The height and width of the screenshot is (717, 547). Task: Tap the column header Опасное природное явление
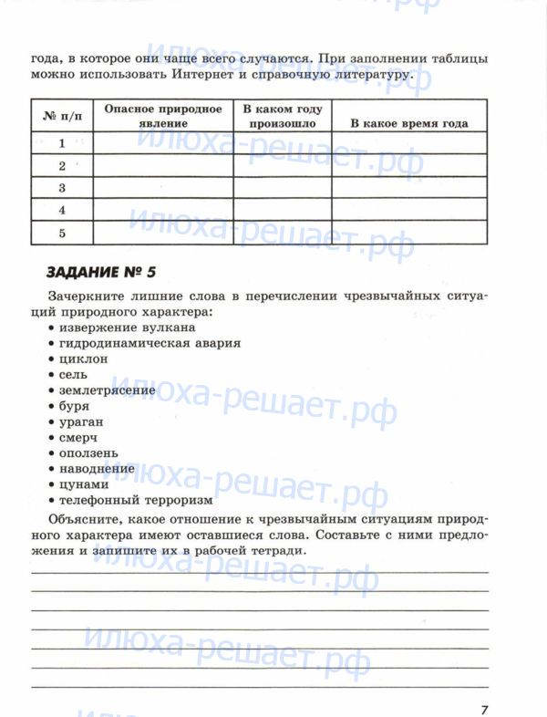pyautogui.click(x=163, y=116)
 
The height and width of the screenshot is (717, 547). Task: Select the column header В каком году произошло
pyautogui.click(x=282, y=116)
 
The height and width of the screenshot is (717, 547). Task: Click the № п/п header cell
pyautogui.click(x=62, y=117)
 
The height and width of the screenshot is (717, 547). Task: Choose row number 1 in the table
pyautogui.click(x=62, y=143)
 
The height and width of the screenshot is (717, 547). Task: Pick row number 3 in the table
pyautogui.click(x=62, y=188)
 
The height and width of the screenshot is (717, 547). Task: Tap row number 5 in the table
pyautogui.click(x=62, y=234)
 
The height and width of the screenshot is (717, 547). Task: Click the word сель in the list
pyautogui.click(x=74, y=375)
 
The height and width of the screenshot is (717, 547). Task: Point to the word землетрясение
pyautogui.click(x=107, y=390)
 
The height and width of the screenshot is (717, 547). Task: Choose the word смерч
pyautogui.click(x=79, y=437)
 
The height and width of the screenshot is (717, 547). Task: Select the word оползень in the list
pyautogui.click(x=88, y=453)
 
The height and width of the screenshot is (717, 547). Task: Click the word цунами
pyautogui.click(x=84, y=484)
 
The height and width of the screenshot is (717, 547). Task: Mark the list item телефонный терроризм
pyautogui.click(x=136, y=500)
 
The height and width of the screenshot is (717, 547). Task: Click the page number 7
pyautogui.click(x=485, y=684)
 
